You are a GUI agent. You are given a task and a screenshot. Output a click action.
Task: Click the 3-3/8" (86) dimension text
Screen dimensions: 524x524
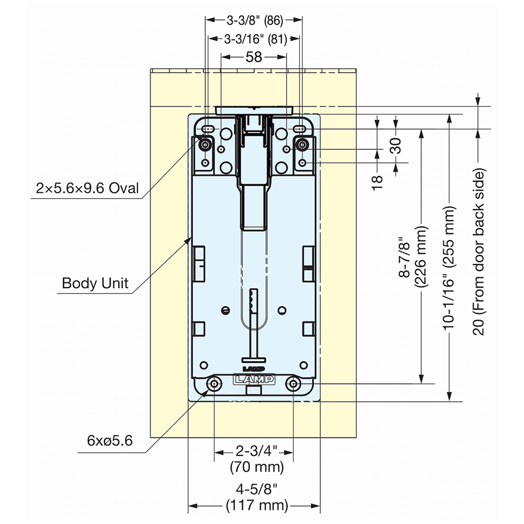click(x=254, y=21)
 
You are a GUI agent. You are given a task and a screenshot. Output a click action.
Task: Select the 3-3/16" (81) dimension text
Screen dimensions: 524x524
click(x=254, y=39)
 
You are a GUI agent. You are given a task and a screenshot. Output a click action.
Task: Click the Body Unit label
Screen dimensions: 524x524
click(x=95, y=283)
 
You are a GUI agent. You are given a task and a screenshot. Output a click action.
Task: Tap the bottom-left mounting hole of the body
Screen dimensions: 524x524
click(x=214, y=385)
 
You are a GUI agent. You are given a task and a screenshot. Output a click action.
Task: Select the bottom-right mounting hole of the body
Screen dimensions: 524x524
click(x=293, y=385)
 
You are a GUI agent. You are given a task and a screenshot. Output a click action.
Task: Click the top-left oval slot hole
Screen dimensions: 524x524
click(x=209, y=129)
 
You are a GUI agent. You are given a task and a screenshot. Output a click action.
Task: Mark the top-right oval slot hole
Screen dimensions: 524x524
click(x=300, y=129)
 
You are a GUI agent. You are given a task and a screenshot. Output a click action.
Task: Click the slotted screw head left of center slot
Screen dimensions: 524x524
click(x=225, y=310)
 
